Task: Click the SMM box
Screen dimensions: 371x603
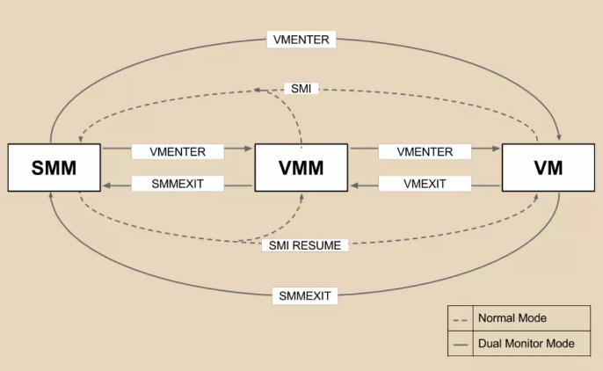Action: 54,167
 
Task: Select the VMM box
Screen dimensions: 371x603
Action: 301,167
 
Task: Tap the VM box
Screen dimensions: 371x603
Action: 548,167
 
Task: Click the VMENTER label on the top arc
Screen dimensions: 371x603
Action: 301,40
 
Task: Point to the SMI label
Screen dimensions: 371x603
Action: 301,89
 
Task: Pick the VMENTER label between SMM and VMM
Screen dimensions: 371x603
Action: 178,151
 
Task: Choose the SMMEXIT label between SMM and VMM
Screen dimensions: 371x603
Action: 178,184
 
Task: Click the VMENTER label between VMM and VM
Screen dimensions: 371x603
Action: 425,151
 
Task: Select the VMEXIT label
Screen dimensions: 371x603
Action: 425,184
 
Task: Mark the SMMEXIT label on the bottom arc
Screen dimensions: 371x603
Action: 301,295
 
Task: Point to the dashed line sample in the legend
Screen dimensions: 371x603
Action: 460,317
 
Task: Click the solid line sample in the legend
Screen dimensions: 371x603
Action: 460,344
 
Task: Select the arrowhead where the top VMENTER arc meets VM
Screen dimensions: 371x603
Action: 560,137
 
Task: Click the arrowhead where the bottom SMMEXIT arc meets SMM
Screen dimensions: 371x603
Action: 52,197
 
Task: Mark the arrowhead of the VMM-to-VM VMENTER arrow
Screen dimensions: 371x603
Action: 495,151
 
